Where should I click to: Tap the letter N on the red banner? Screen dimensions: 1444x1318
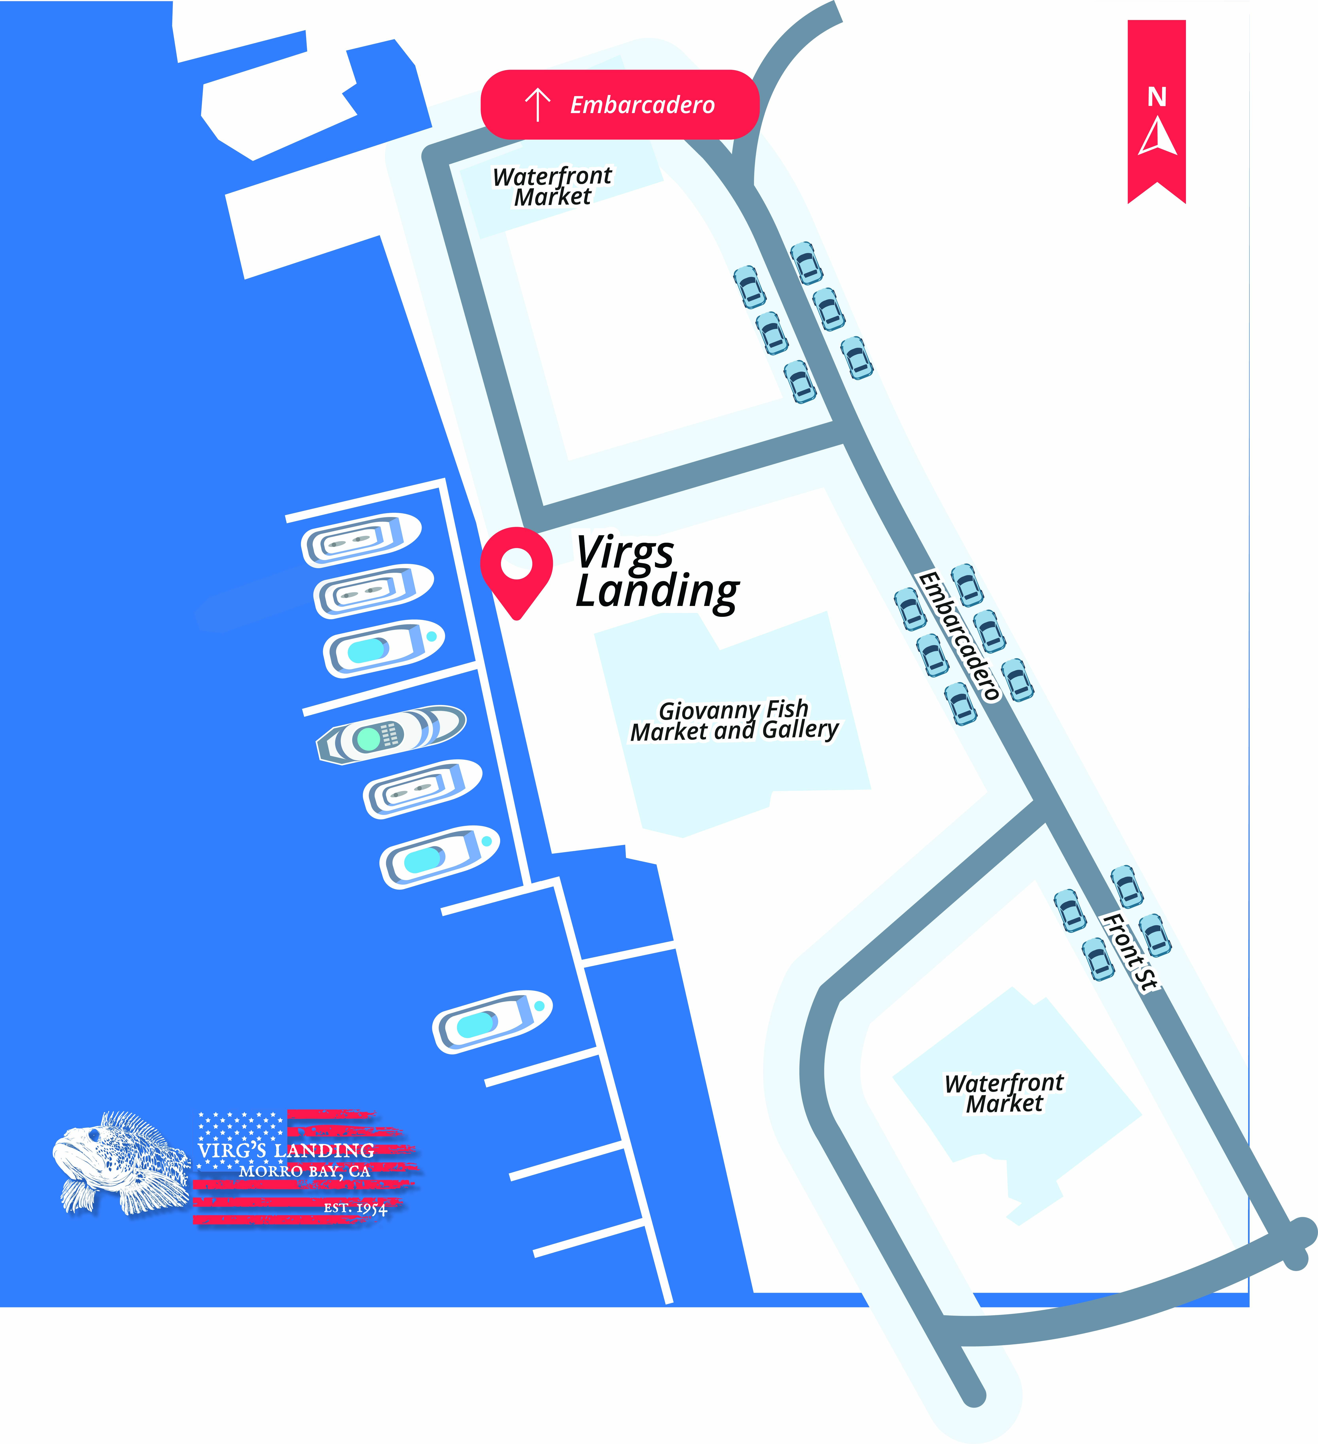[1157, 97]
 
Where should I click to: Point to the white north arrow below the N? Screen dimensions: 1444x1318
[1157, 138]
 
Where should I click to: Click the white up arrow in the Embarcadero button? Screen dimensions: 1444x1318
[537, 105]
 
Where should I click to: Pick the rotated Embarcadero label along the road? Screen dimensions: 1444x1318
[958, 635]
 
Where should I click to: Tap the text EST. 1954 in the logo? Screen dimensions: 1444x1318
[355, 1208]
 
